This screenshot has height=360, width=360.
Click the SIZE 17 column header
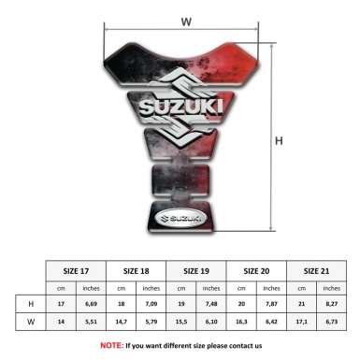point(76,268)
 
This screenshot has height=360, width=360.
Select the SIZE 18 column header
point(137,268)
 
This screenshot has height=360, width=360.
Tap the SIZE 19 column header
point(197,268)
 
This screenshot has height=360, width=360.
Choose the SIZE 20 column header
point(257,268)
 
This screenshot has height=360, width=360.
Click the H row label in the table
point(32,304)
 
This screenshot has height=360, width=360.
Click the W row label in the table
point(32,323)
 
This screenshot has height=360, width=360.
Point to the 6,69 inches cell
point(91,304)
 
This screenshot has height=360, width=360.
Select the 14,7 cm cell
point(122,323)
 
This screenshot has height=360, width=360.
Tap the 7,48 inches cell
point(212,304)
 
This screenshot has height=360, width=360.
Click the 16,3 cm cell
point(242,323)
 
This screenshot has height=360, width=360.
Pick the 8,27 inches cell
point(333,304)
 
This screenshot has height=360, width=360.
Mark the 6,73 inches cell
point(333,323)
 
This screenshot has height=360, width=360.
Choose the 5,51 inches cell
point(91,323)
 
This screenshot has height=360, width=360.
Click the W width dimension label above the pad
point(186,20)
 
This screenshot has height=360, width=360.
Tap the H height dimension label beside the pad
point(279,141)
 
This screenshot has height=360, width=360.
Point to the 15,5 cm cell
point(182,323)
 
